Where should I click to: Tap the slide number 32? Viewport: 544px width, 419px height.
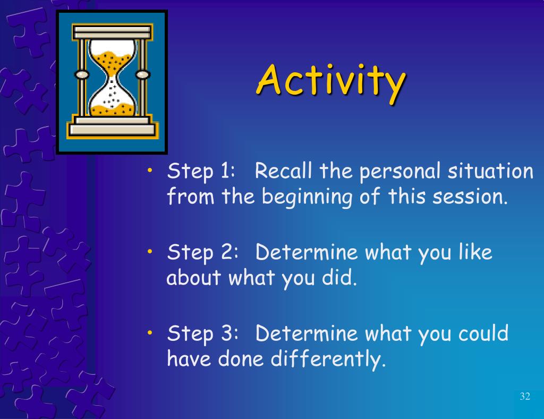pos(525,396)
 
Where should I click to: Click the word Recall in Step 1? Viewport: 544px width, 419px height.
pos(284,171)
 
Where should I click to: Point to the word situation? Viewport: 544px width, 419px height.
pos(490,171)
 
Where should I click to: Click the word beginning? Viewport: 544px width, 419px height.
pos(307,197)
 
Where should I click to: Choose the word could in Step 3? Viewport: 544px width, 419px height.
pos(483,333)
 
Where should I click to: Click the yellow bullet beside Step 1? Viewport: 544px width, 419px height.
pos(150,170)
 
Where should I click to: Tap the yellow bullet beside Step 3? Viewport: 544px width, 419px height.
pos(150,332)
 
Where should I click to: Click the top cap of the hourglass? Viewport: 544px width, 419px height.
pos(113,32)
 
